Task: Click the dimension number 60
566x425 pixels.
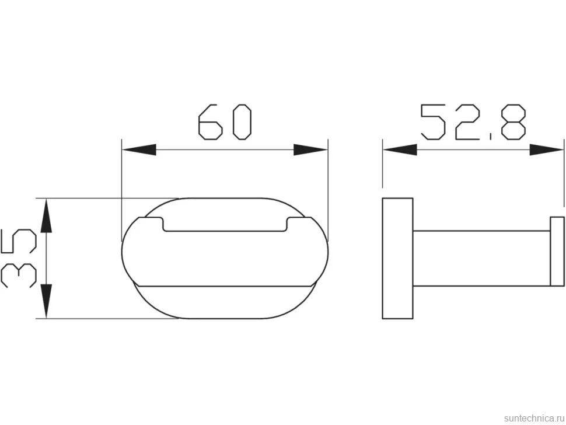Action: coord(225,122)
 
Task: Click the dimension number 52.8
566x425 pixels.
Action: coord(473,122)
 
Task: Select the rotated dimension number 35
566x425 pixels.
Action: coord(19,258)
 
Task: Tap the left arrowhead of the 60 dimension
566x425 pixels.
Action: coord(139,150)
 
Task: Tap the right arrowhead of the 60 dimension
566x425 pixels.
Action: coord(310,150)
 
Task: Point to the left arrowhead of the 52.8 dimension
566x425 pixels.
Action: coord(400,150)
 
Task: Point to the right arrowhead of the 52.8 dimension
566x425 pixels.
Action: coord(546,150)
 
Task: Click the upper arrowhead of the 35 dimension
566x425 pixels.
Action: coord(46,215)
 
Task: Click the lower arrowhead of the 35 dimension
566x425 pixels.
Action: coord(46,301)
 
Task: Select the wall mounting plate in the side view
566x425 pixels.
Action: coord(397,258)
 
